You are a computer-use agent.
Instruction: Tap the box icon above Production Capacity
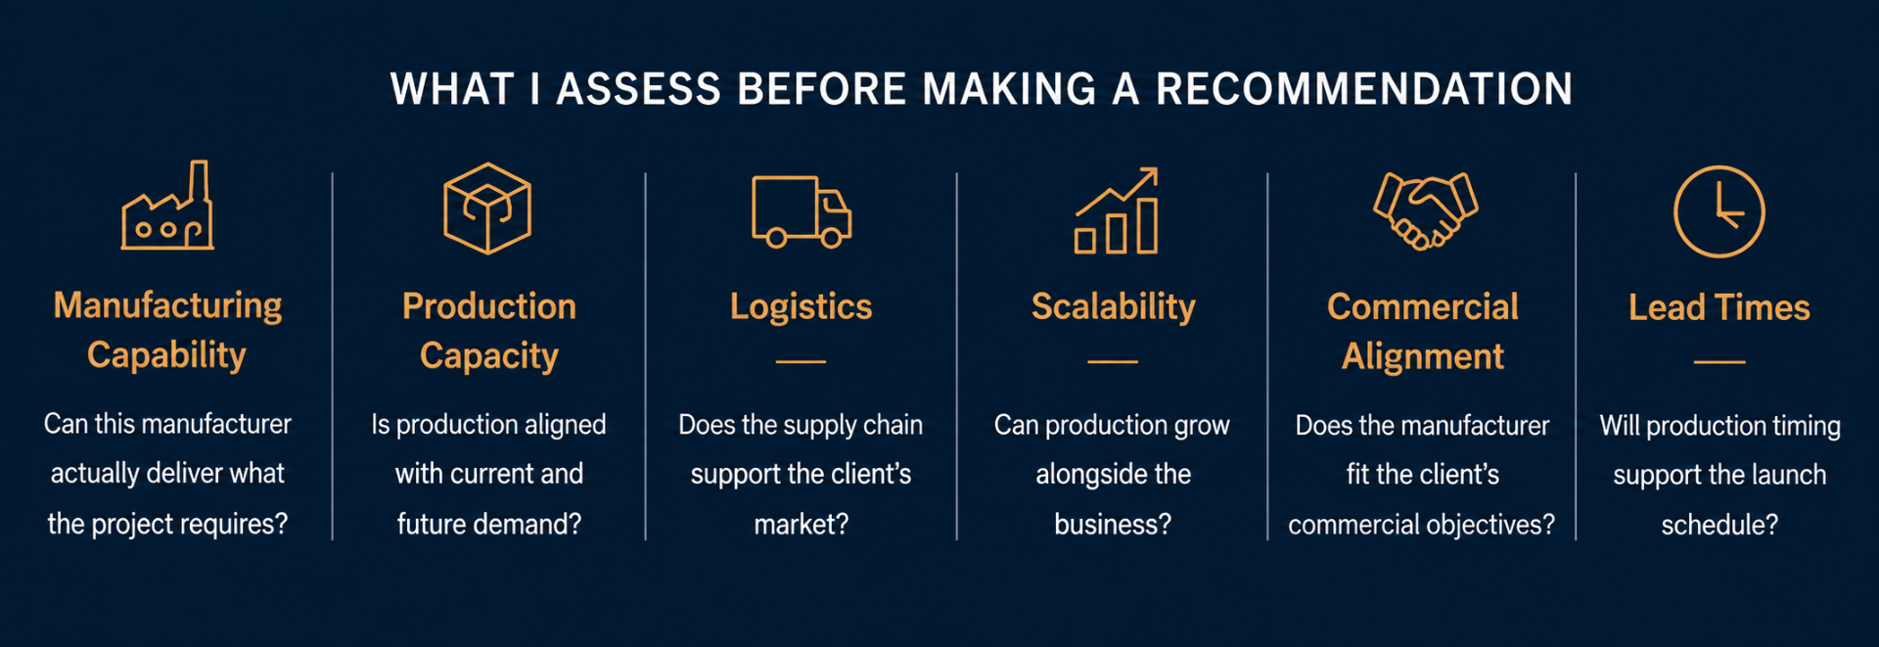487,208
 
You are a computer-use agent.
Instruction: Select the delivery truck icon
802,211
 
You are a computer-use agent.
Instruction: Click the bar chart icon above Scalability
1117,210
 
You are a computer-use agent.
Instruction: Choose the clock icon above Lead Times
1719,211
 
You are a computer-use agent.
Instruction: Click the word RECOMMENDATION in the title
1364,89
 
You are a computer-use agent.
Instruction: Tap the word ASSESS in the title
639,89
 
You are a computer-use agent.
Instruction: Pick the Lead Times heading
1719,308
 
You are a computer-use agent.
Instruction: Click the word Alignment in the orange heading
1423,357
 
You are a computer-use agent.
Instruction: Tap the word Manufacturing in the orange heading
167,306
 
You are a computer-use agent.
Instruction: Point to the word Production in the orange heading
489,306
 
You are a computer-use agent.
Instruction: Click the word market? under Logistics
802,525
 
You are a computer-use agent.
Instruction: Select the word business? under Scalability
1113,525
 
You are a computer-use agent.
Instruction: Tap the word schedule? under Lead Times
1719,526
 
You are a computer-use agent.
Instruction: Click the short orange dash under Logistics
801,362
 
